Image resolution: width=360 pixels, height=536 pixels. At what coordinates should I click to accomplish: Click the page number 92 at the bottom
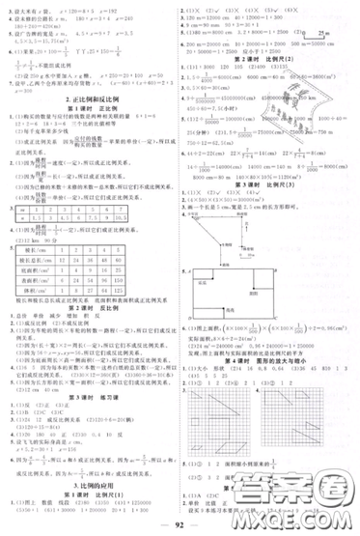coord(180,526)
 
